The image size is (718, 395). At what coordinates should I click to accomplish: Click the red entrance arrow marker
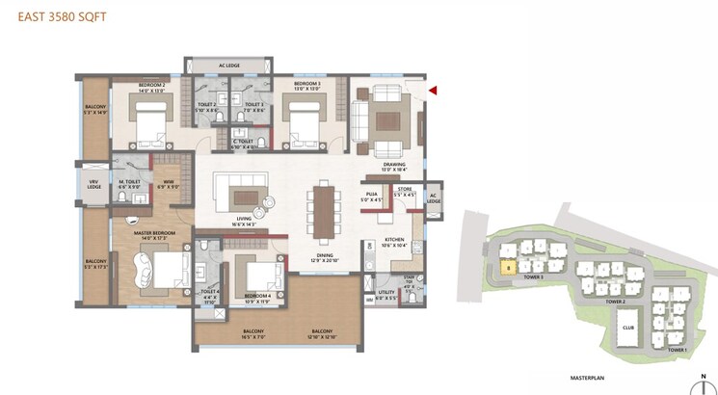(x=434, y=91)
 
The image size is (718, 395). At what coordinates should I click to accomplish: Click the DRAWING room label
(x=394, y=166)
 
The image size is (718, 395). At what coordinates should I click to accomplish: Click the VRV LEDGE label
(x=93, y=183)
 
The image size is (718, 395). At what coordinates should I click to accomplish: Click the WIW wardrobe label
(x=168, y=184)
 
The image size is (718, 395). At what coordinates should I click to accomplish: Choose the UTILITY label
(x=386, y=294)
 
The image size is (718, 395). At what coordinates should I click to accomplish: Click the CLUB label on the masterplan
(x=626, y=327)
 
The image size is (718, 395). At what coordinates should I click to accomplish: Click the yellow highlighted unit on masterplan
(x=507, y=269)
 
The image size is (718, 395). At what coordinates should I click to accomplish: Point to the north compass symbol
(x=704, y=382)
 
